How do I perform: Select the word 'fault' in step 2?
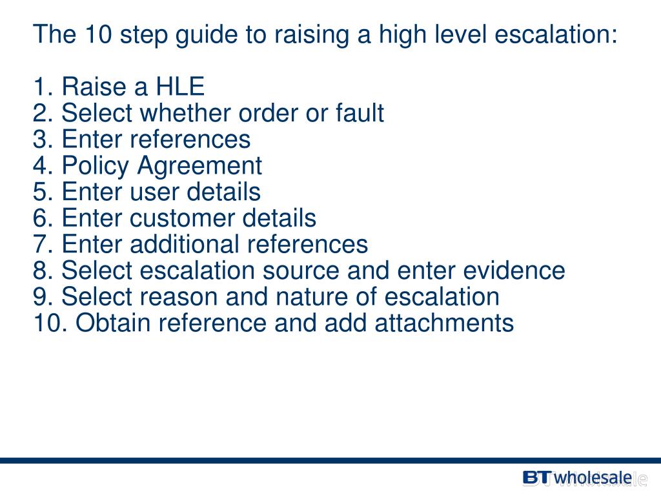tap(360, 114)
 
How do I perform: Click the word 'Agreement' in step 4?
tap(199, 166)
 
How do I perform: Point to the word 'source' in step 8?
tap(301, 271)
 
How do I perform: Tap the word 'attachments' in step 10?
tap(445, 323)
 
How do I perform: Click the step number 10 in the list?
tap(47, 323)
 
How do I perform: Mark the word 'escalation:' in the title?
tap(556, 34)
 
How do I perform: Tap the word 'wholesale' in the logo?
tap(593, 478)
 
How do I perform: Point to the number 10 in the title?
tap(96, 34)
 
